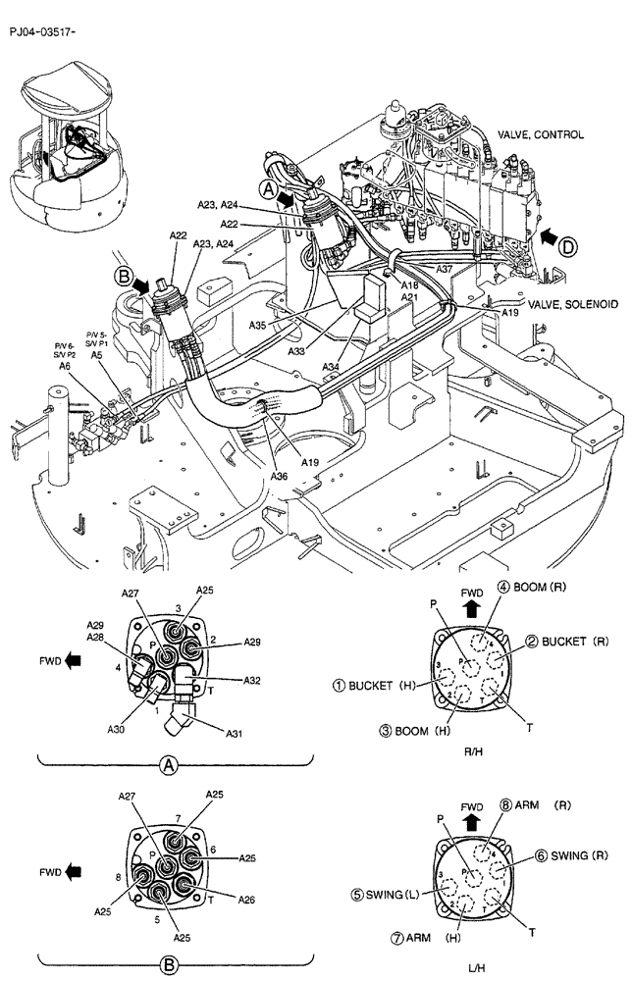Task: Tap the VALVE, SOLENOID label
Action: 572,305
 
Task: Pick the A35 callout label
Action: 258,325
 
